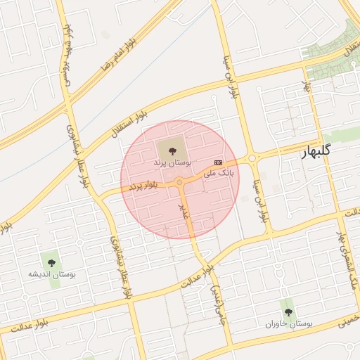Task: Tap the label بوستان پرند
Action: point(172,162)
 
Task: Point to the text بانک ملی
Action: point(218,172)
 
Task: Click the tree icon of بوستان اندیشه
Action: point(50,261)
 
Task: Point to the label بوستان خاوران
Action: point(288,323)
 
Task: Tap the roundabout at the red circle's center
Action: point(180,183)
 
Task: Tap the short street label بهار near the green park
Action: point(307,88)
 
